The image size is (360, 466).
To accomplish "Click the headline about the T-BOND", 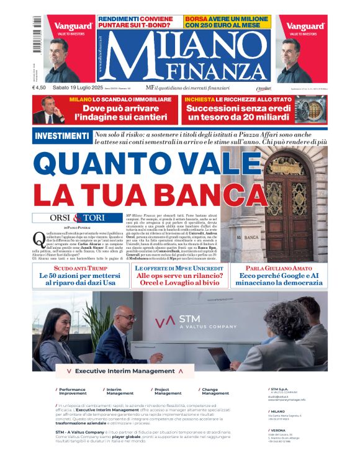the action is pos(139,23).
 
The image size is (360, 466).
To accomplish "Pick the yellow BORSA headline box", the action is pos(227,22).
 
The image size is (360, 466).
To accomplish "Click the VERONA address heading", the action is pos(278,429).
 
